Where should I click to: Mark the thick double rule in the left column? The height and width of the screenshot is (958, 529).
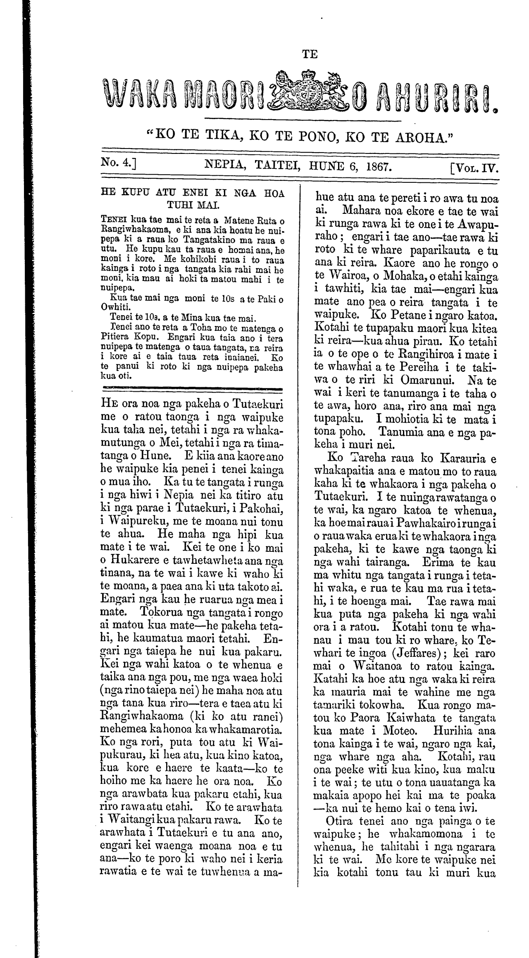(191, 389)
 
